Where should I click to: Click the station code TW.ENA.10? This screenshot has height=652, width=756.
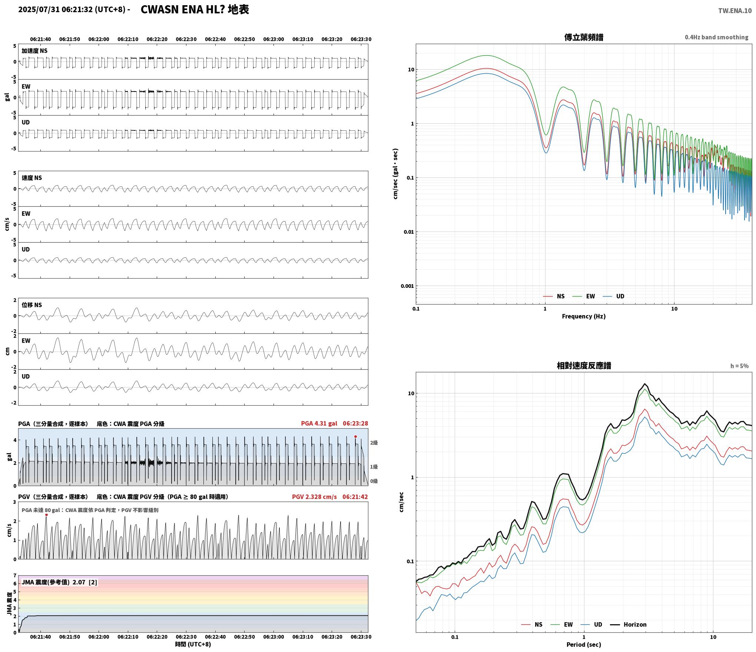pyautogui.click(x=735, y=11)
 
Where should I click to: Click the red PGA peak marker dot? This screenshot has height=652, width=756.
pyautogui.click(x=355, y=436)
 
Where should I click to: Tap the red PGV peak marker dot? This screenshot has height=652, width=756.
pyautogui.click(x=46, y=515)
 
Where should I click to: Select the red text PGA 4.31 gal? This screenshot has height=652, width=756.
pyautogui.click(x=319, y=423)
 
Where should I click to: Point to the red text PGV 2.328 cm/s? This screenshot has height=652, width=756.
pyautogui.click(x=314, y=496)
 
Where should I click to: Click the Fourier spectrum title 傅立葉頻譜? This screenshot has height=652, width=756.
pyautogui.click(x=584, y=37)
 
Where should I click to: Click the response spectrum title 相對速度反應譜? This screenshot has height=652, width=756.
pyautogui.click(x=584, y=365)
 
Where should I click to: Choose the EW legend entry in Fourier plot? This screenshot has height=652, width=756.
pyautogui.click(x=584, y=296)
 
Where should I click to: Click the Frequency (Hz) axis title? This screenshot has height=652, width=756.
pyautogui.click(x=584, y=316)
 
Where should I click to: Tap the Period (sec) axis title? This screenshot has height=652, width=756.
pyautogui.click(x=584, y=644)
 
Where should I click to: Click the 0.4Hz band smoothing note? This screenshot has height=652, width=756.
pyautogui.click(x=716, y=37)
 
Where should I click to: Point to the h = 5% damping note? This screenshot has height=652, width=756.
pyautogui.click(x=739, y=366)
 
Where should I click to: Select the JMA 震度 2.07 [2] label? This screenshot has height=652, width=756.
pyautogui.click(x=59, y=582)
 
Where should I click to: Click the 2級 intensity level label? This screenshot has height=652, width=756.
pyautogui.click(x=374, y=443)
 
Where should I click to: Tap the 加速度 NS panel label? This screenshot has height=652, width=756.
pyautogui.click(x=34, y=51)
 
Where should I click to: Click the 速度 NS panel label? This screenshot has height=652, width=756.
pyautogui.click(x=32, y=178)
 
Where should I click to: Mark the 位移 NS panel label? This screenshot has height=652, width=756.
pyautogui.click(x=32, y=305)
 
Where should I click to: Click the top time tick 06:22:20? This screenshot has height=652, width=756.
pyautogui.click(x=157, y=39)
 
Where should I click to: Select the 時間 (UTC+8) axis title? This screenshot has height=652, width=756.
pyautogui.click(x=193, y=644)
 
